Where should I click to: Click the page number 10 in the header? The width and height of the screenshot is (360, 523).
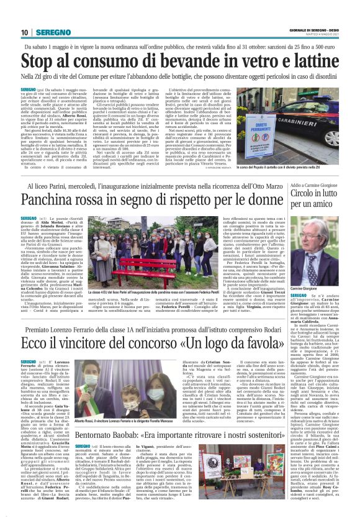tap(24, 32)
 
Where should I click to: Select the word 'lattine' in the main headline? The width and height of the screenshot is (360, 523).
tap(302, 61)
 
